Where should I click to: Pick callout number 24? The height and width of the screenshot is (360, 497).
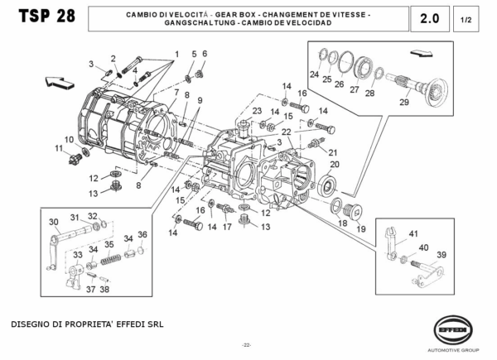[314, 74]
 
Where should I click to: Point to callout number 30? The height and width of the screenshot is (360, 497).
[54, 221]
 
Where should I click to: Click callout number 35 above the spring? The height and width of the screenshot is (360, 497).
[109, 245]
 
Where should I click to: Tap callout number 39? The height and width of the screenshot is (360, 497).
[442, 254]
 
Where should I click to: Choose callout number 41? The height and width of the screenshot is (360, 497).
[413, 233]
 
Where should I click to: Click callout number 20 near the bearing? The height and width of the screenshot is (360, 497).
[334, 164]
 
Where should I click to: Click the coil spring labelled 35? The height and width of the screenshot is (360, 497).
[110, 261]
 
